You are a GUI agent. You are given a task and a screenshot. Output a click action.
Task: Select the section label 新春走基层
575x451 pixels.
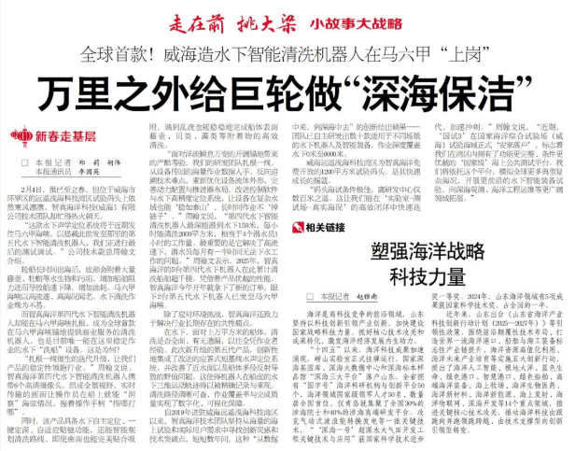[77, 136]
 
